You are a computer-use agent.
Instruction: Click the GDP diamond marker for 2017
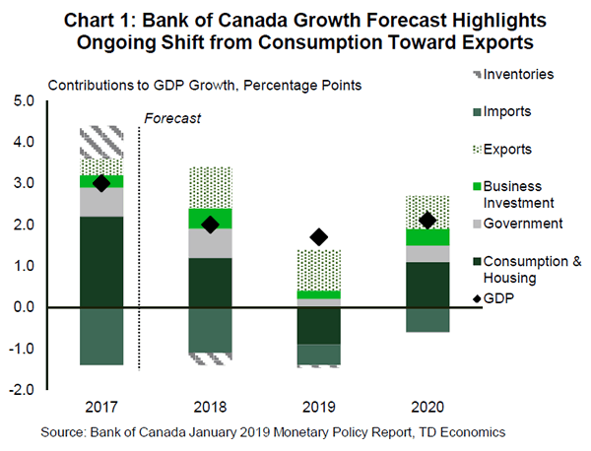click(x=100, y=183)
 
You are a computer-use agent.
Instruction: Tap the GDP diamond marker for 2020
click(x=427, y=221)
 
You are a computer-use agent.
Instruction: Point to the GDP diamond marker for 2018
click(x=210, y=225)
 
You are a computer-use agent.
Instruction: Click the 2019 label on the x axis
click(x=319, y=406)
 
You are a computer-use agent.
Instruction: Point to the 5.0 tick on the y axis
click(x=24, y=100)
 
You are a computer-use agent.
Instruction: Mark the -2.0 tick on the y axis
click(x=22, y=390)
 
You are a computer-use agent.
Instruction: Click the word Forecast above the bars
click(x=172, y=118)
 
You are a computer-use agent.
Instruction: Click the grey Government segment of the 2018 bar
click(x=210, y=243)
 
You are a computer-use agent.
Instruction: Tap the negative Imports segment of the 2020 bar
click(x=427, y=319)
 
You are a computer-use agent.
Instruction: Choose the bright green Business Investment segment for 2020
click(x=427, y=237)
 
